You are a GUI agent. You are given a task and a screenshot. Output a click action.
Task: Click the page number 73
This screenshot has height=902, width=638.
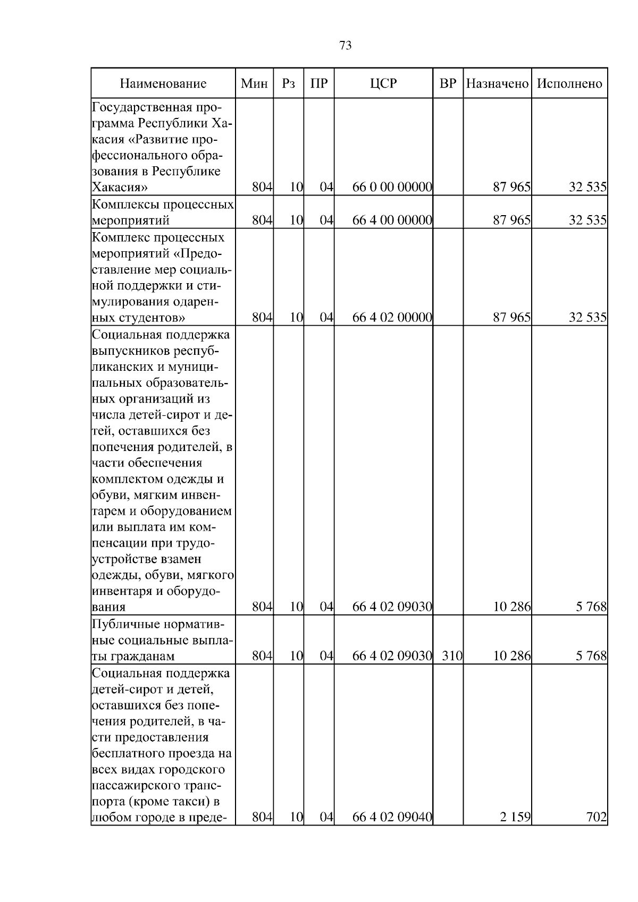click(345, 46)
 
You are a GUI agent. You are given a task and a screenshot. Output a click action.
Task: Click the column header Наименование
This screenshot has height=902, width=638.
click(163, 83)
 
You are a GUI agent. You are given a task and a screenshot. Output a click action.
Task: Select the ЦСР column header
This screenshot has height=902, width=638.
click(383, 83)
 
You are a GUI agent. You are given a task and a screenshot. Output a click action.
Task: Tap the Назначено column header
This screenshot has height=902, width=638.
click(497, 83)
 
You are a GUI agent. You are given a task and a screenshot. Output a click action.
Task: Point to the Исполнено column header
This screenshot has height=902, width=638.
click(569, 83)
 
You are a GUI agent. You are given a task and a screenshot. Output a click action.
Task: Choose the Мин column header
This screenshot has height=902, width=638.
click(254, 83)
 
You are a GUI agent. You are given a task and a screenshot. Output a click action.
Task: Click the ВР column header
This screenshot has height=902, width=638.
click(448, 83)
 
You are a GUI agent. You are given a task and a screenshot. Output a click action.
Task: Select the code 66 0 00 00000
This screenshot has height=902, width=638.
click(392, 187)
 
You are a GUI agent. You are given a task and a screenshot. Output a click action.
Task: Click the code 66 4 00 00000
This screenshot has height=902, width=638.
click(392, 220)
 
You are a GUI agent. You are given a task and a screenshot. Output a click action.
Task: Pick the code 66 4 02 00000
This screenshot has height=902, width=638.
click(392, 318)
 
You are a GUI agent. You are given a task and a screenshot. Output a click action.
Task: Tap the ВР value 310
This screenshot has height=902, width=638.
click(452, 656)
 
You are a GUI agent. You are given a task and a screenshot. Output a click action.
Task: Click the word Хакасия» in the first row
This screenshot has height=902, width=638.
click(120, 187)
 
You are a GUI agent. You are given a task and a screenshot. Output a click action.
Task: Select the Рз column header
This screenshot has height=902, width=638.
click(288, 83)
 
